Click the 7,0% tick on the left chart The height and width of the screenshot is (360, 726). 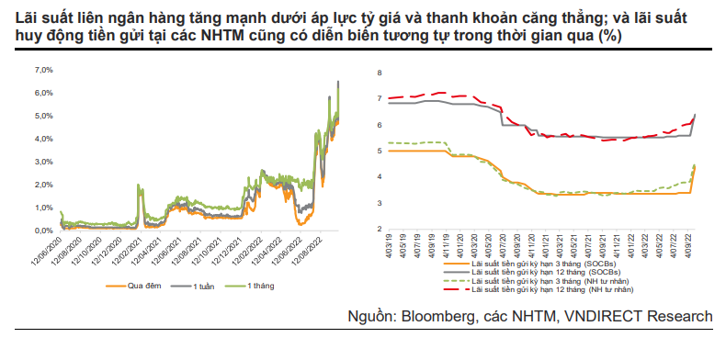pos(44,70)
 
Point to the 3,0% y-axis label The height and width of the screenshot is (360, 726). pos(44,162)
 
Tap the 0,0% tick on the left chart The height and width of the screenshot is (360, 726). pos(44,231)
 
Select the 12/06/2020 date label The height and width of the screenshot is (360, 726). pos(49,250)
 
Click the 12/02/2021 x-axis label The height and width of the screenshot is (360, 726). pos(129,250)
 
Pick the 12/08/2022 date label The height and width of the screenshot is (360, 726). pos(308,250)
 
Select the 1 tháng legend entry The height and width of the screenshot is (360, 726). pos(249,286)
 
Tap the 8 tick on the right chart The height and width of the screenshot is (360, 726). pos(379,73)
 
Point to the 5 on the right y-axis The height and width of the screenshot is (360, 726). pos(379,151)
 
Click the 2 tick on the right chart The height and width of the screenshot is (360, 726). pos(379,229)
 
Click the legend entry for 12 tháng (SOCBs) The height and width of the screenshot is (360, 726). pos(532,272)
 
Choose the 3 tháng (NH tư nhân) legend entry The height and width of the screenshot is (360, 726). pos(536,281)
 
